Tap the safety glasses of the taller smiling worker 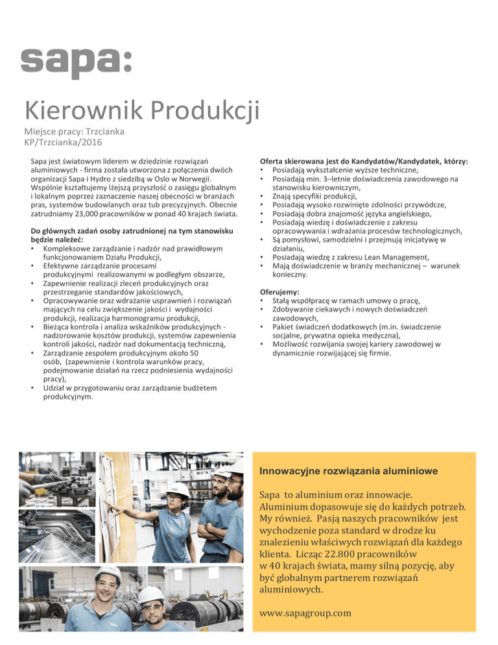point(107,589)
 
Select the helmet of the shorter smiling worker point(150,595)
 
